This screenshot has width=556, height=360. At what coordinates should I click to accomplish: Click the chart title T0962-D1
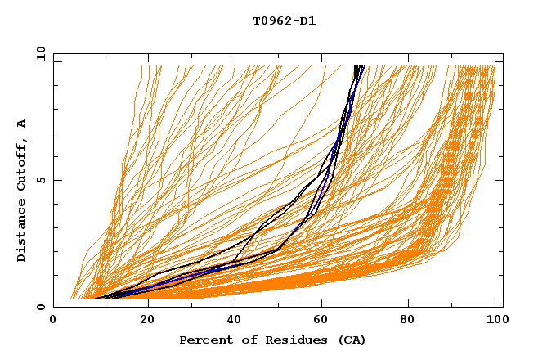coord(284,21)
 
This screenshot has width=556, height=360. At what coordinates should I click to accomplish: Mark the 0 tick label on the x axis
coord(54,322)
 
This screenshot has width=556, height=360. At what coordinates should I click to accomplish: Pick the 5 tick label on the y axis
coord(40,180)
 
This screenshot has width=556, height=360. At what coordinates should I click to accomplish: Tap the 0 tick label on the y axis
coord(40,307)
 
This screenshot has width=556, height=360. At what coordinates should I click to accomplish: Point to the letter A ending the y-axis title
coord(22,124)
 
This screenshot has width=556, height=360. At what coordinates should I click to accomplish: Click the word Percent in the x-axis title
coord(204,340)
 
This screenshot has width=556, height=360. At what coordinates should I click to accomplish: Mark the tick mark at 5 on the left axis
coord(56,180)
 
